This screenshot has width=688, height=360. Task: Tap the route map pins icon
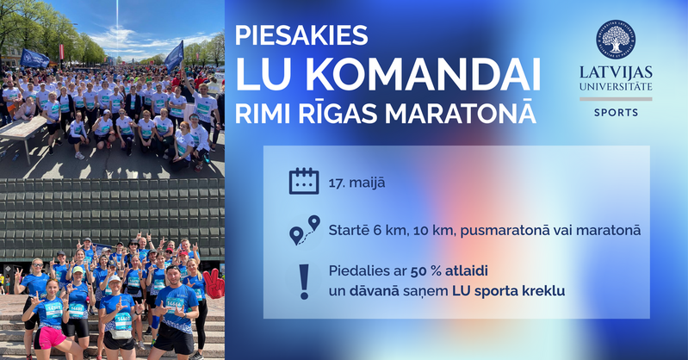click(303, 231)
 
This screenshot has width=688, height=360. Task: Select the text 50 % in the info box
click(425, 271)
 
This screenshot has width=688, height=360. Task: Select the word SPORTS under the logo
click(614, 113)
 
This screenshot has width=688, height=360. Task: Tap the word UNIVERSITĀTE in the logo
click(614, 87)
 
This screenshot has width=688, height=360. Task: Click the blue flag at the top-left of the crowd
click(34, 59)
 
